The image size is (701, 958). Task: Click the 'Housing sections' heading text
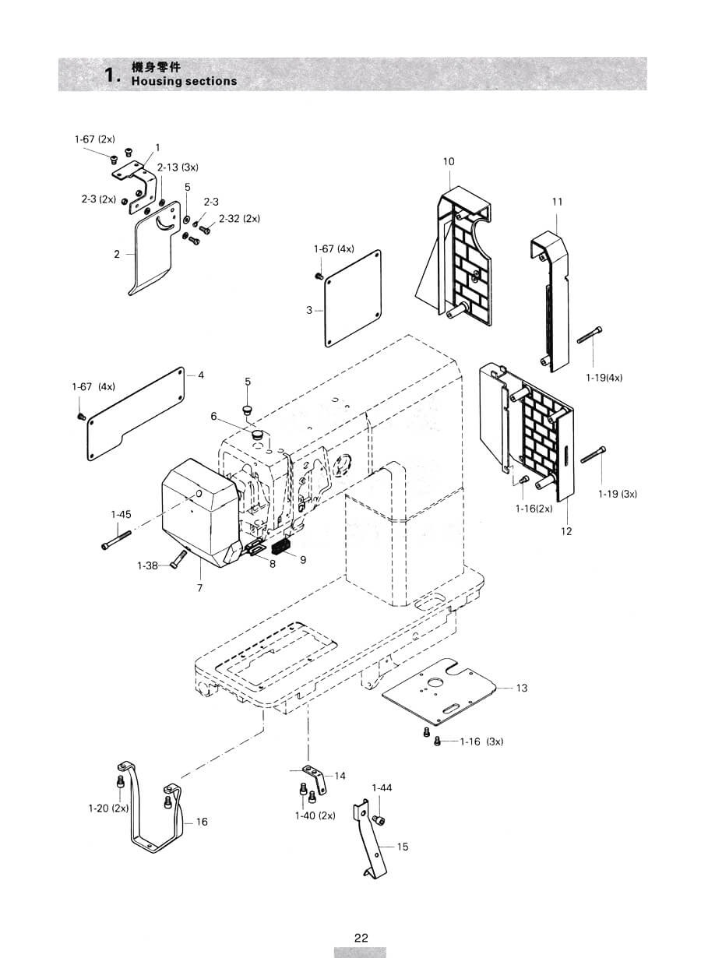coord(184,81)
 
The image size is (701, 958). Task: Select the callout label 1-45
coord(121,515)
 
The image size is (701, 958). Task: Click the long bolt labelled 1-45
coord(116,539)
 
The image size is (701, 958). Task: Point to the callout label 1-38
coord(147,565)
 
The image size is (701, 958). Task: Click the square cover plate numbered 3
coord(354,298)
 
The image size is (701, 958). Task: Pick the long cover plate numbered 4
coord(136,414)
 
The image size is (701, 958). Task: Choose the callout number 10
coord(449,162)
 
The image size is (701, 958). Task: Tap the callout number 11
coord(557,202)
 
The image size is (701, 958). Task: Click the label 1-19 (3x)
coord(617,494)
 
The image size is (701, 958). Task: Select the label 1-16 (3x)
coord(481,741)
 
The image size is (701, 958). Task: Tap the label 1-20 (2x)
coord(108,808)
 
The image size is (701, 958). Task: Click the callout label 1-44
coord(382,787)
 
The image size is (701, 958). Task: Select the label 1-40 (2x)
coord(315,815)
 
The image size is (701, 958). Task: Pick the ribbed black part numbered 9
coord(281,548)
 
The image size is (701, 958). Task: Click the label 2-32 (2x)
coord(239,219)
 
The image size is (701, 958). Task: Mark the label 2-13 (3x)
coord(178,167)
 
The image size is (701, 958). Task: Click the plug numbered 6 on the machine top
coord(257,435)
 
